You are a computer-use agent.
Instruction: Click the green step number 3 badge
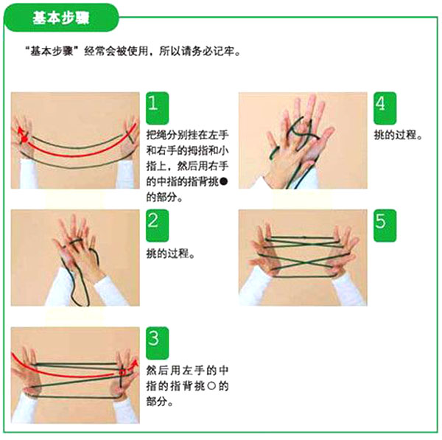click(153, 338)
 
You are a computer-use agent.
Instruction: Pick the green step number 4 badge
click(380, 102)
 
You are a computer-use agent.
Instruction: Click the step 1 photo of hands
click(75, 140)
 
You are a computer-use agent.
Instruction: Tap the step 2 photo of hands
click(75, 257)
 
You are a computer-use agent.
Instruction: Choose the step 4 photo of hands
click(302, 140)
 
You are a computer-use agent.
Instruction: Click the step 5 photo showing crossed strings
click(302, 257)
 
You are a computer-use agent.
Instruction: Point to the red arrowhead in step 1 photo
click(20, 127)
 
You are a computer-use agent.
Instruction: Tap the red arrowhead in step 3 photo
click(132, 363)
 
